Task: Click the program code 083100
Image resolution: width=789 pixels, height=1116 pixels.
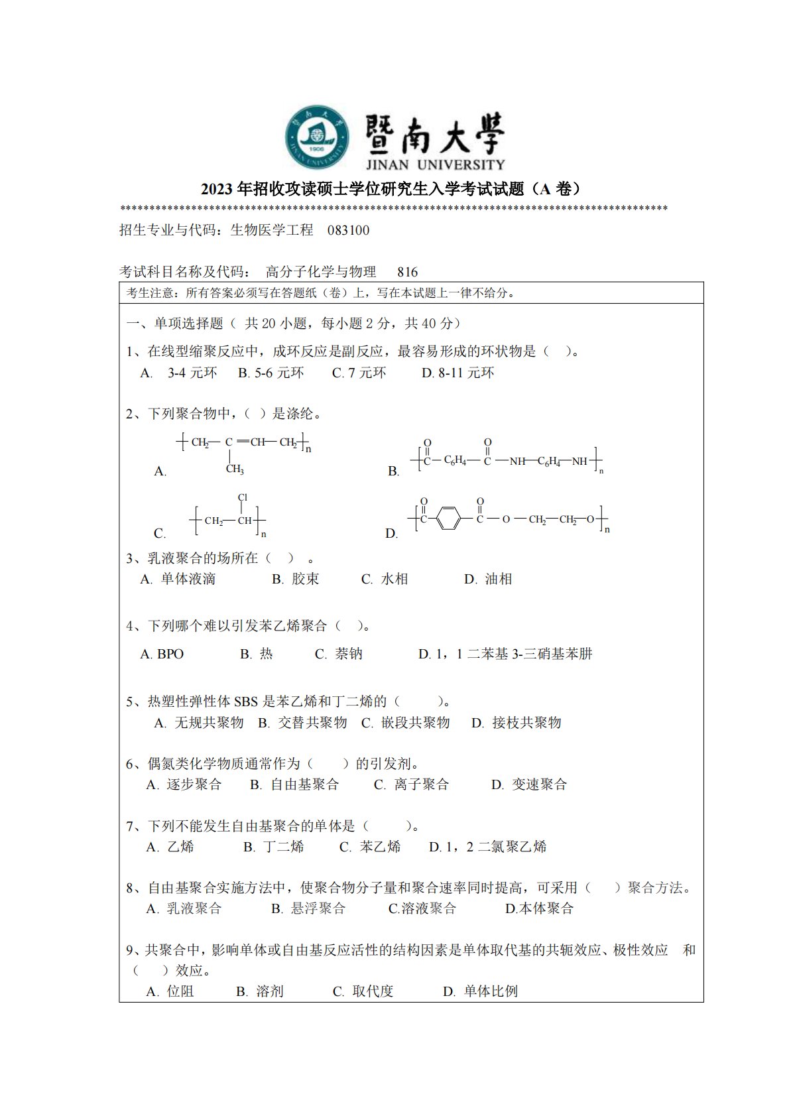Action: pos(348,231)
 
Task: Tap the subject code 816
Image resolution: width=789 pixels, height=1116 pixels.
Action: pos(407,272)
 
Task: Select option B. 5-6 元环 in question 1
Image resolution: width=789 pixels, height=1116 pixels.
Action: pos(271,373)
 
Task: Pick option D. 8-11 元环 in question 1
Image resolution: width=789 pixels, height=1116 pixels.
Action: pos(457,373)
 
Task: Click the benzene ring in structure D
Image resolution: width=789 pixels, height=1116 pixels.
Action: pos(449,519)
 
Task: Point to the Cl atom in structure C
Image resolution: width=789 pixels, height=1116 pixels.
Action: pos(243,497)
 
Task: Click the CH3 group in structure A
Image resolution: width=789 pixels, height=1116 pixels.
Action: pos(235,469)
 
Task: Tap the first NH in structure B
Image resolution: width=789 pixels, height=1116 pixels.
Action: pos(517,462)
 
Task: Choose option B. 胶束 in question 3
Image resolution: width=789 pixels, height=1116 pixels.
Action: pos(296,580)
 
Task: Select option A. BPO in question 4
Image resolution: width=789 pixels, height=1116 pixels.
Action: pos(162,654)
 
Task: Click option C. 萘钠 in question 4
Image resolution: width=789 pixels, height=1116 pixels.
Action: pos(339,654)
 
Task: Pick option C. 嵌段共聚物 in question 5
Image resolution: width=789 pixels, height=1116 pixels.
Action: pos(406,723)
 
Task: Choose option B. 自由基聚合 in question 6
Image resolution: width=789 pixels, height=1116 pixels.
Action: pos(294,785)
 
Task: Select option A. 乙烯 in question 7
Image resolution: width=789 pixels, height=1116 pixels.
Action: pos(170,847)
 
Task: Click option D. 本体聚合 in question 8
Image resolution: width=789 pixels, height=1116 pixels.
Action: pos(539,909)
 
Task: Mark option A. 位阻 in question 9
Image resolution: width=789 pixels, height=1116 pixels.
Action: pos(170,992)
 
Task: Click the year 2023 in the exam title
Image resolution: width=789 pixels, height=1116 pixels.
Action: pos(216,190)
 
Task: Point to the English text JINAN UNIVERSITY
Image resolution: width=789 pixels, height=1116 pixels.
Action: pos(434,164)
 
